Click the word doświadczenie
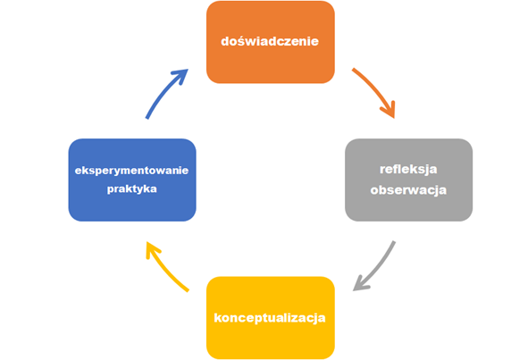270,41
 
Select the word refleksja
408,170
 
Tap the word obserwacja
408,190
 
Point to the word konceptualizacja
270,318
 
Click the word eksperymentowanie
131,171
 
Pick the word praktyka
132,189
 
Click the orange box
271,42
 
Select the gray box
408,180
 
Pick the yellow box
271,318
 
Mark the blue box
132,180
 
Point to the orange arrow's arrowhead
394,117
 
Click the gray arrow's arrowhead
355,290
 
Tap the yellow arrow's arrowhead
147,242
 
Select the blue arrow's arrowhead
188,70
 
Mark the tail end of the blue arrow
147,118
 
